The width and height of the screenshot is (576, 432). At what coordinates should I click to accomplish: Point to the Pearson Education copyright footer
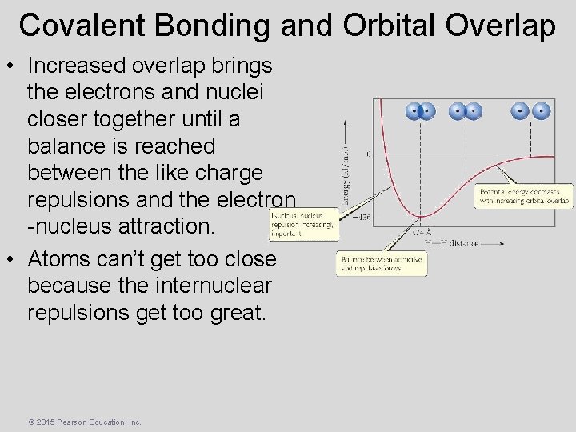tap(84, 422)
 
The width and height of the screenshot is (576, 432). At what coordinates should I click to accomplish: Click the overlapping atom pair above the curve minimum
tap(420, 111)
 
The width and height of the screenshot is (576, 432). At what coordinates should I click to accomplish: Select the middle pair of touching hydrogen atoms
tap(465, 111)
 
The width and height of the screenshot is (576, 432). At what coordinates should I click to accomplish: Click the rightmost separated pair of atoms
tap(532, 111)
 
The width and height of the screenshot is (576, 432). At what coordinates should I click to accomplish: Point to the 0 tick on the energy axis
tap(367, 154)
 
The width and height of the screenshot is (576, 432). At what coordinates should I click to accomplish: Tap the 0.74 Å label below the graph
tap(418, 231)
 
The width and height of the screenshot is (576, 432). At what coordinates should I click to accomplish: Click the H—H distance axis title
tap(452, 243)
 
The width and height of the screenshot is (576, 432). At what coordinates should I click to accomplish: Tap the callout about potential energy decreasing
tap(523, 197)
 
